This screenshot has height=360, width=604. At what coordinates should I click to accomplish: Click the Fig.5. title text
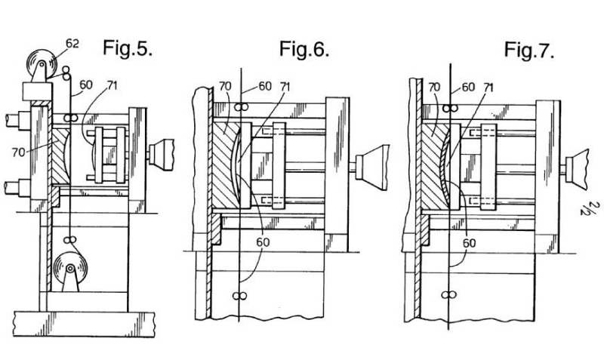click(x=128, y=48)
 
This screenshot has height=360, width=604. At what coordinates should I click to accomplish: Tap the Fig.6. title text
click(x=304, y=49)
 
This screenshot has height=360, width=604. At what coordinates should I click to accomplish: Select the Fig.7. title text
click(x=529, y=50)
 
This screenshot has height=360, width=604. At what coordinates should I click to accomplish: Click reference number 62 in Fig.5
click(x=72, y=44)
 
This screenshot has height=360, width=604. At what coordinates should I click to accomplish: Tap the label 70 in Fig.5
click(x=18, y=152)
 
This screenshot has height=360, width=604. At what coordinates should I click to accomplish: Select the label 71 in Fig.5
click(x=112, y=85)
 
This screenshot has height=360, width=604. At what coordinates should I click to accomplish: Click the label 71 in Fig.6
click(x=285, y=87)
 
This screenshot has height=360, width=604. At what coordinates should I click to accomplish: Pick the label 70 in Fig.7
click(x=433, y=88)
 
